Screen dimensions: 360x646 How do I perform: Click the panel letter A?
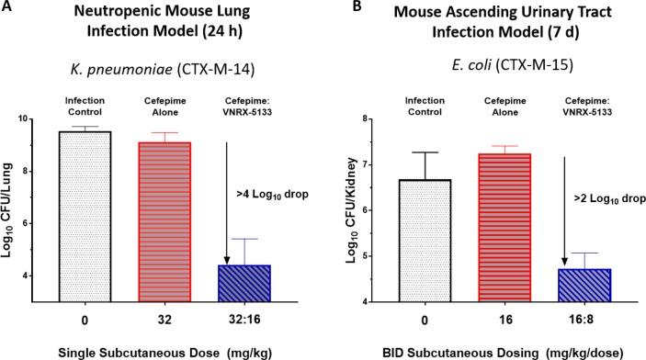[7, 9]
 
